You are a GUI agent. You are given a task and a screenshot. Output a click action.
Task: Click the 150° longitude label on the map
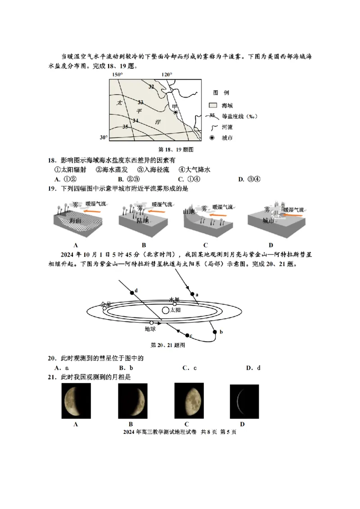tap(117, 75)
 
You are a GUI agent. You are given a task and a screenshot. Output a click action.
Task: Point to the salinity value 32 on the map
tap(151, 87)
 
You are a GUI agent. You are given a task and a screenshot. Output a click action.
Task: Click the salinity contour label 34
tap(135, 120)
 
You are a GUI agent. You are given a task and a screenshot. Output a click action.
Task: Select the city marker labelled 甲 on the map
tap(176, 112)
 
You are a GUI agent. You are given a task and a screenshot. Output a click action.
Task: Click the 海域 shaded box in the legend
tap(213, 105)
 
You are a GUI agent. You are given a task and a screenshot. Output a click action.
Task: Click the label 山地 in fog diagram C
tap(189, 211)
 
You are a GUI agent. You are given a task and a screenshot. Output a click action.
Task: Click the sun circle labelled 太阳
tap(166, 310)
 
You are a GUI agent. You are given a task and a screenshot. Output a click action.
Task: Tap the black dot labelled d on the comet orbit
tap(132, 292)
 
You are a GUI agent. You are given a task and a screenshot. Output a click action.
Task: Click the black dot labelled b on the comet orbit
tap(215, 332)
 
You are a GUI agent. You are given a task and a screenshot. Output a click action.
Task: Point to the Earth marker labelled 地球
tap(152, 323)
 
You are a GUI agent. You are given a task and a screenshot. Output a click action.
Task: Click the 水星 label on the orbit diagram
tap(174, 299)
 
